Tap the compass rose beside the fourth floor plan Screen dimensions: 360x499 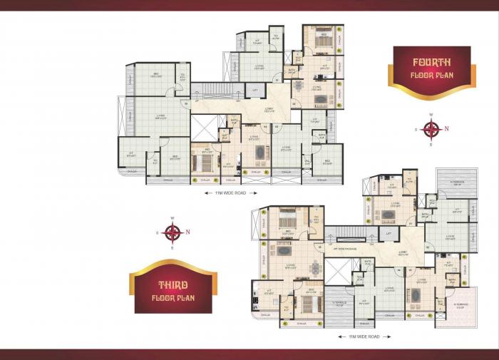click(x=431, y=129)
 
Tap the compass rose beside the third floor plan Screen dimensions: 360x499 click(x=172, y=232)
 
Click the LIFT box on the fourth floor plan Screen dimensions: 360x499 click(x=254, y=91)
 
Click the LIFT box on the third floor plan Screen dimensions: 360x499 click(x=389, y=233)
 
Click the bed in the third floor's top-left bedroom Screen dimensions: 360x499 click(x=288, y=215)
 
